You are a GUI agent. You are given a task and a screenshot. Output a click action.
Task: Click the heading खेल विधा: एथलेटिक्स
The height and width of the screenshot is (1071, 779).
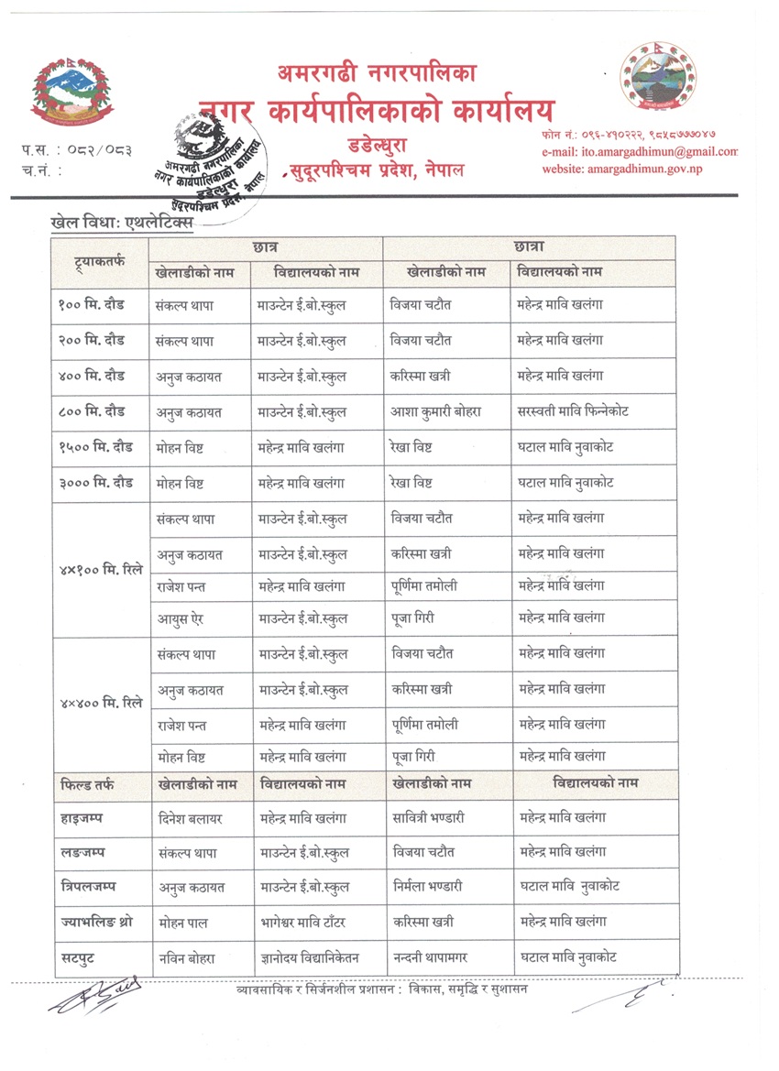pos(122,223)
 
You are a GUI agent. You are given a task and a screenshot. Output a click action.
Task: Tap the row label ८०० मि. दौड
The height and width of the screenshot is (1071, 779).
pos(96,411)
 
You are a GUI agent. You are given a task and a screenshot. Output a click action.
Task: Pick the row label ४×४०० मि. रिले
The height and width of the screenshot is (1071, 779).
pos(101,705)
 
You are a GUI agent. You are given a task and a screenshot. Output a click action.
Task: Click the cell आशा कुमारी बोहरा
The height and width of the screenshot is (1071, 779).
pos(435,411)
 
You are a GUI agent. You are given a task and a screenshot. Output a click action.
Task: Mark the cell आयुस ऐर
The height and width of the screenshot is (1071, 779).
pos(180,618)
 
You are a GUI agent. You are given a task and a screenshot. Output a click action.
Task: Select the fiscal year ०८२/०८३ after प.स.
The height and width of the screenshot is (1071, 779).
pos(102,148)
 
